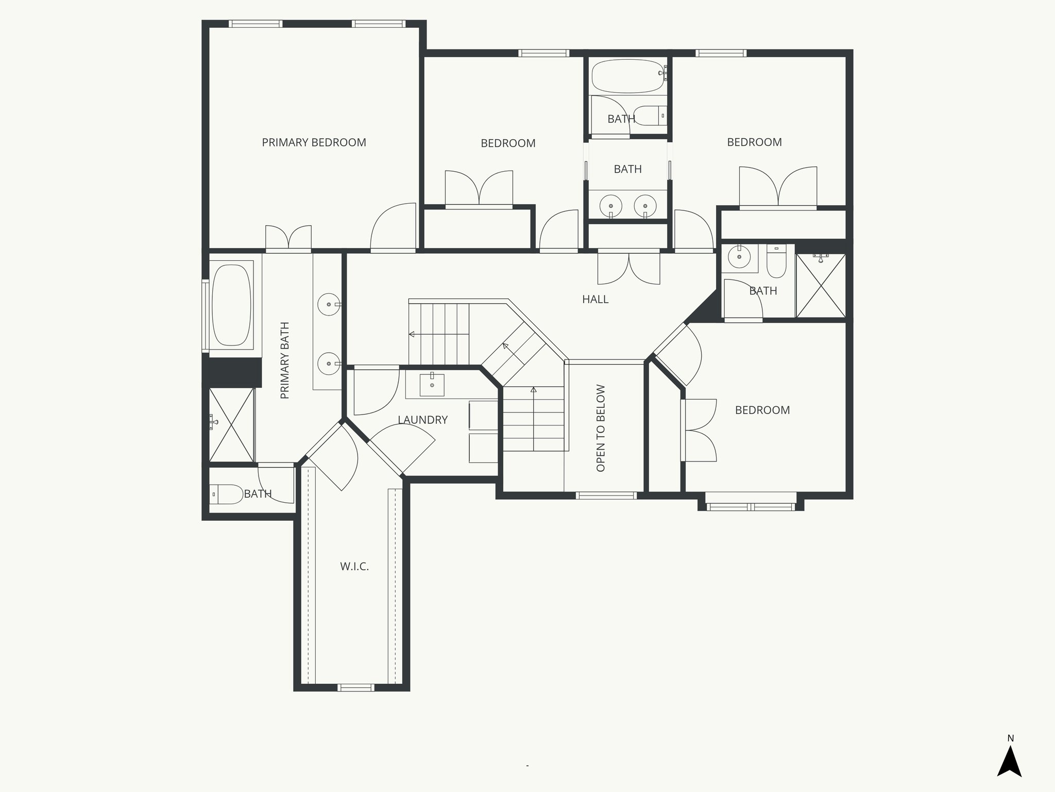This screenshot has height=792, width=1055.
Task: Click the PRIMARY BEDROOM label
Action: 314,142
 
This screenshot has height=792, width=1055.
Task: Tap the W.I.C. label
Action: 354,567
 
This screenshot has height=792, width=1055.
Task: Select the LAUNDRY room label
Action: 422,420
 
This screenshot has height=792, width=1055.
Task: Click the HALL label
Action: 595,299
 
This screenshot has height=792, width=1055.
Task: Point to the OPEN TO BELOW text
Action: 601,428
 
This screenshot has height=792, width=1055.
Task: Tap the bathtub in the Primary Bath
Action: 231,305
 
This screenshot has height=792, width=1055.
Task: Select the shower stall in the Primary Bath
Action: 231,425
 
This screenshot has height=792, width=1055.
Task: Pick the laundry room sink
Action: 432,385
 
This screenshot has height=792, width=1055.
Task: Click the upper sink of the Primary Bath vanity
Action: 328,305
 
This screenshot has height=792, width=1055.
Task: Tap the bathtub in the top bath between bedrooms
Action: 627,76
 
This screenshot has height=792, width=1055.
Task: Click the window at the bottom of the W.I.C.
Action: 355,687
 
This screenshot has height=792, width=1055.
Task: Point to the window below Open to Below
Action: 606,496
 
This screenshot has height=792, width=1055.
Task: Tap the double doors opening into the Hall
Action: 628,268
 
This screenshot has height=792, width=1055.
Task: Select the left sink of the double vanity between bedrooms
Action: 611,205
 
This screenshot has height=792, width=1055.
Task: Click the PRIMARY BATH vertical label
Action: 285,360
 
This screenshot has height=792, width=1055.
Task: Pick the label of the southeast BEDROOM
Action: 762,410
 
